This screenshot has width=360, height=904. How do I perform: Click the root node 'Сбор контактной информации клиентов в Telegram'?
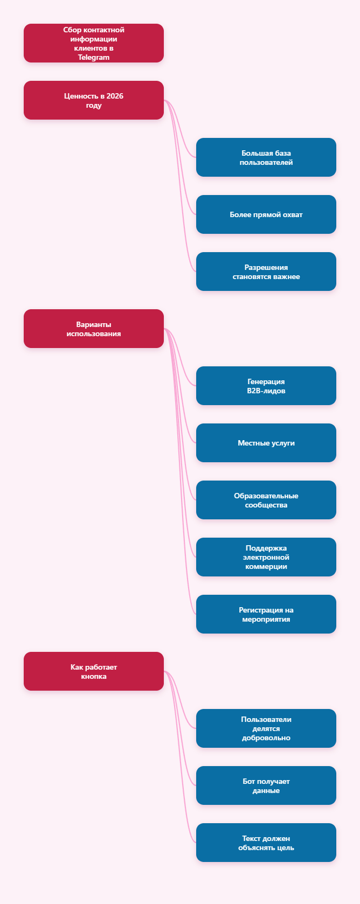click(94, 43)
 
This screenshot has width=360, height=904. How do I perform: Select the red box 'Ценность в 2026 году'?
click(94, 100)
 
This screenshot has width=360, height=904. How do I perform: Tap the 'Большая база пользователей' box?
click(266, 157)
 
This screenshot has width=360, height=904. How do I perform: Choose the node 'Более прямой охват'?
click(266, 214)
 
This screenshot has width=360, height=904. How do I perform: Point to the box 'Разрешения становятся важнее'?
click(266, 272)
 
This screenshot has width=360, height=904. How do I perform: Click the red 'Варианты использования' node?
click(94, 329)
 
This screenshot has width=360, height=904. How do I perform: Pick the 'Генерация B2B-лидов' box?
click(266, 386)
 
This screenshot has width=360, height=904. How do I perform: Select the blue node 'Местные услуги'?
click(266, 443)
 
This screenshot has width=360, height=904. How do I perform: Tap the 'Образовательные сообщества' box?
click(266, 500)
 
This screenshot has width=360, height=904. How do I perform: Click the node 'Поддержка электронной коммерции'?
click(266, 557)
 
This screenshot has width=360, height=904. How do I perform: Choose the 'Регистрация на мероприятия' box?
click(266, 614)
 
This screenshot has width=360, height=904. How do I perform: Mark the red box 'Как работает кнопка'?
click(94, 671)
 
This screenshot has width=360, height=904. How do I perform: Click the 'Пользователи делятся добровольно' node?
click(266, 728)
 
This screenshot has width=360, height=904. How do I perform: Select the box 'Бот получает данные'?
click(266, 785)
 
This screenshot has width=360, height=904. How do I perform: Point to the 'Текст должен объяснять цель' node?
click(266, 843)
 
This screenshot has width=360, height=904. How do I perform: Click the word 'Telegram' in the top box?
click(94, 57)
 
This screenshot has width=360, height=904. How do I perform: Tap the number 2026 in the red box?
click(115, 96)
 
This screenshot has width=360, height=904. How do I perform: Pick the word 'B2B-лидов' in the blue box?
click(266, 391)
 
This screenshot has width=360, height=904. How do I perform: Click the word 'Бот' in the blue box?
click(248, 781)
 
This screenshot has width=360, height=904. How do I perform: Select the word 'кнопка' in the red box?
click(94, 677)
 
